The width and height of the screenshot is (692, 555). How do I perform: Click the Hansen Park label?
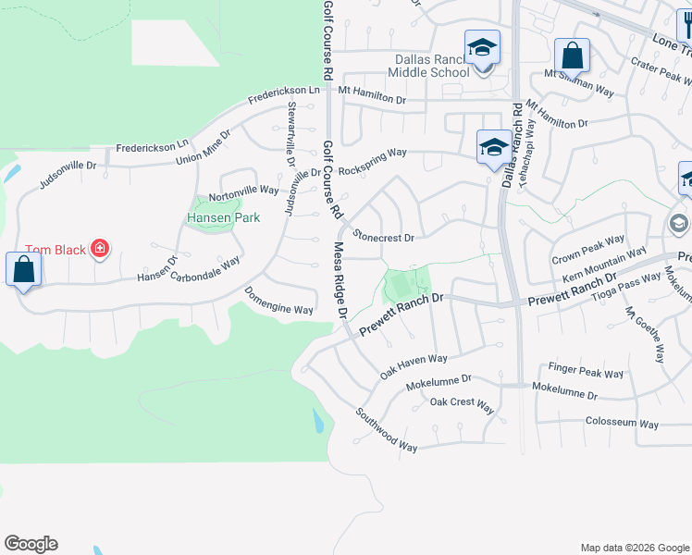223,218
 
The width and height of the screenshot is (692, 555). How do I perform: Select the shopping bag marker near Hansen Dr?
24,270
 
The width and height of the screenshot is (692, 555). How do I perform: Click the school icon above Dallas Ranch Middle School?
482,46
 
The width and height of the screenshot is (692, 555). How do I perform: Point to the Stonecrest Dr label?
382,238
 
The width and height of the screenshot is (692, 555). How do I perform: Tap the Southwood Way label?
386,430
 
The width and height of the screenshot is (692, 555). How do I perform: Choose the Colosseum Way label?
622,424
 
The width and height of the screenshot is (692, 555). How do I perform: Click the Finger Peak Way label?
587,373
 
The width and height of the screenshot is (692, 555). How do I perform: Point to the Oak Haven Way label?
414,365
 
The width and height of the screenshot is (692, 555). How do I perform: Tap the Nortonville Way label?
243,192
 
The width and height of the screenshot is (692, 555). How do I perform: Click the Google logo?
31,544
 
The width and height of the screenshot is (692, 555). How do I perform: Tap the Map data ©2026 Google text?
635,548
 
